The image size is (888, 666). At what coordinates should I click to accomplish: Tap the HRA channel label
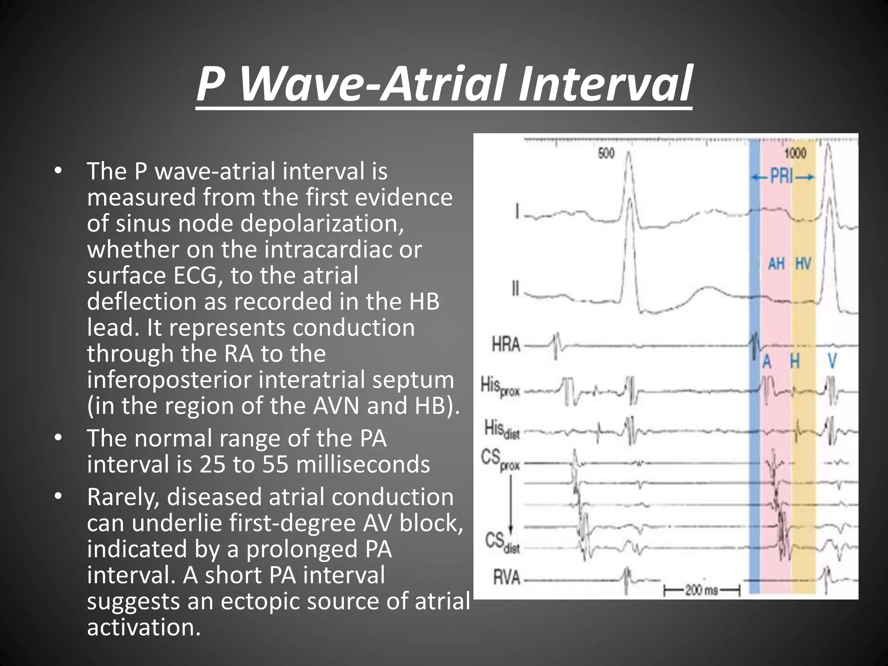tap(506, 345)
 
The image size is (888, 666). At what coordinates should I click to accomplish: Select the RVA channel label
tap(506, 578)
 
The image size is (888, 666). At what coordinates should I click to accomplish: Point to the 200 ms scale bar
tap(701, 590)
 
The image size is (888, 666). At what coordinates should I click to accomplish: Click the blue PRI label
tap(782, 177)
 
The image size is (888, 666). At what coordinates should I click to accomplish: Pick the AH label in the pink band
tap(776, 263)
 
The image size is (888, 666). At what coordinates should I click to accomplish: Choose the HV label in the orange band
tap(803, 263)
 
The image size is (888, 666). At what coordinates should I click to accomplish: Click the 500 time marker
tap(606, 153)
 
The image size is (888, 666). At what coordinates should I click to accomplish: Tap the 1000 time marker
tap(795, 153)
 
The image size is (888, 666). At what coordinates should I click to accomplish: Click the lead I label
tap(517, 213)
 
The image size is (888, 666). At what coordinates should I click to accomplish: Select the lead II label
tap(516, 288)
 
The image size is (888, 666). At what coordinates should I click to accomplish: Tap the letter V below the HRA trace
tap(832, 361)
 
